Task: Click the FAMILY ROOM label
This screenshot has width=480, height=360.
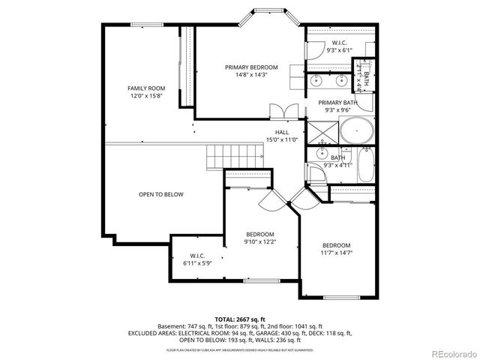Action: [x=146, y=88]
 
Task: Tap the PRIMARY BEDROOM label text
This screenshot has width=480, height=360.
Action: [x=251, y=67]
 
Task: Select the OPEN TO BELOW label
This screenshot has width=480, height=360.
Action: [x=160, y=194]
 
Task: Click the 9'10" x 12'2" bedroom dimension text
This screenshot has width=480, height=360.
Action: [x=259, y=241]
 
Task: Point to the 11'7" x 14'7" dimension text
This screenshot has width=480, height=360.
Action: [x=336, y=253]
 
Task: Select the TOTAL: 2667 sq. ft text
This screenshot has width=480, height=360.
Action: [x=241, y=318]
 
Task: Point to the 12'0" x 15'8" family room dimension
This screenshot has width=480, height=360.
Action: [x=146, y=96]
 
